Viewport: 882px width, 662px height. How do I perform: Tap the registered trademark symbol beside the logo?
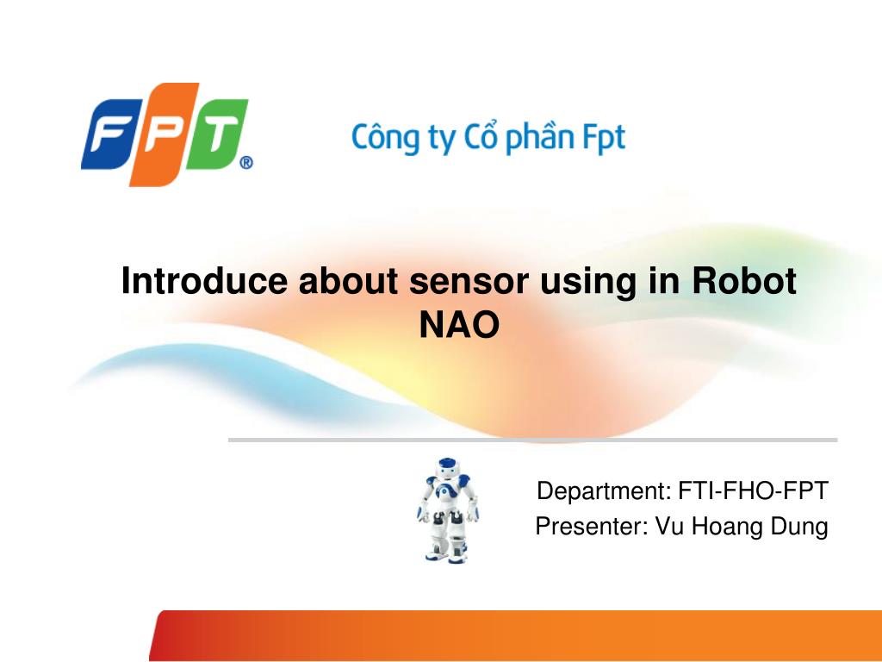click(245, 162)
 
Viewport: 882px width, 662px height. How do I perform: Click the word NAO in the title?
click(458, 326)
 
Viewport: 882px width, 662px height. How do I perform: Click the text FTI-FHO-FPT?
click(753, 491)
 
